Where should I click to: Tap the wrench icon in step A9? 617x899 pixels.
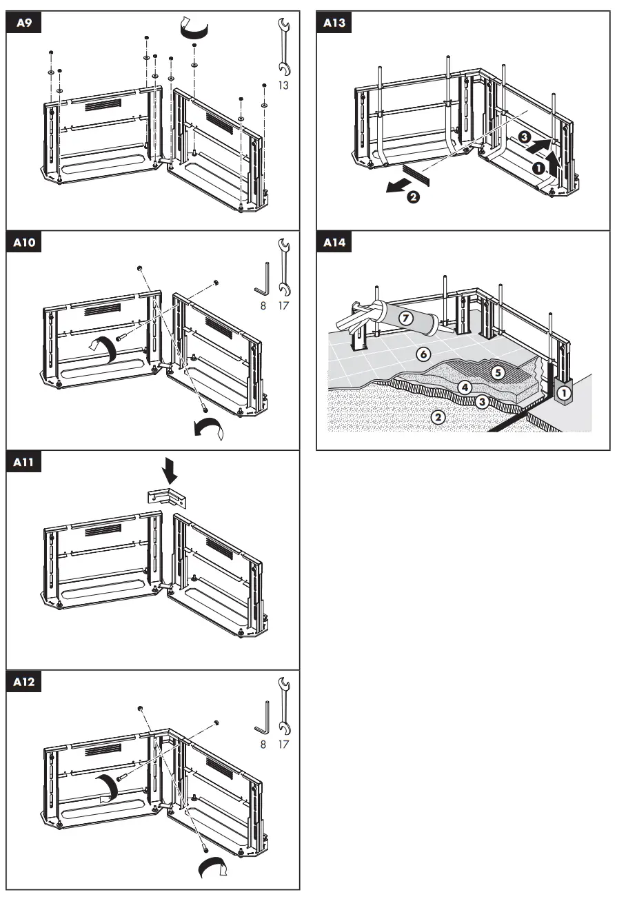coord(283,47)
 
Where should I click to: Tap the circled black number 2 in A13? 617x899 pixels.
coord(413,198)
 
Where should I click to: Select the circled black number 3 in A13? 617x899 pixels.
coord(525,137)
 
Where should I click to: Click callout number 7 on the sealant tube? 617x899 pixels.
coord(406,319)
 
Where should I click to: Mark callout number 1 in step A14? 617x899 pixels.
coord(565,393)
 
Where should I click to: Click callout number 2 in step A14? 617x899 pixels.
coord(436,416)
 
